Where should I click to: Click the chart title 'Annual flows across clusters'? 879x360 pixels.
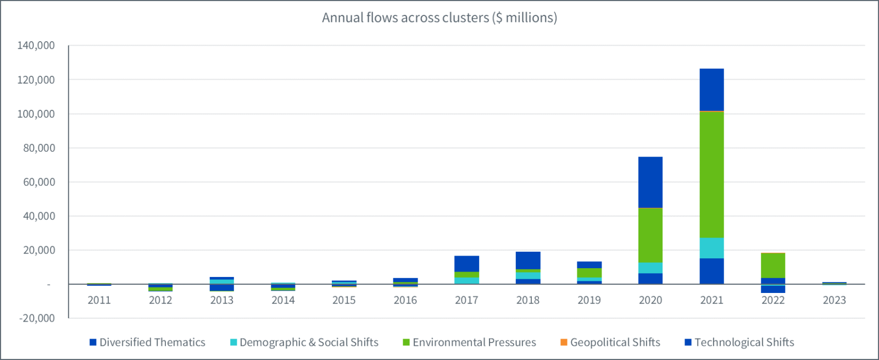coord(439,18)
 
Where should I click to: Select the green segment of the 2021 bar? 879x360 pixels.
coord(711,174)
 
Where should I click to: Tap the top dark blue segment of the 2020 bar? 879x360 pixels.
coord(650,182)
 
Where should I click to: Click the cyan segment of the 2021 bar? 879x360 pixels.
coord(711,248)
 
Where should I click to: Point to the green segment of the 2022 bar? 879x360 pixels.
coord(772,265)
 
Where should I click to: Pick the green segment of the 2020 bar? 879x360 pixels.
coord(650,235)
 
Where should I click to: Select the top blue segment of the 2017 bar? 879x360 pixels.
coord(466,264)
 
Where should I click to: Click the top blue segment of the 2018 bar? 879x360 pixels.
coord(528,261)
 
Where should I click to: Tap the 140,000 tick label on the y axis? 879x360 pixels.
coord(36,46)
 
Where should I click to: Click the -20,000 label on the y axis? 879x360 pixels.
coord(36,318)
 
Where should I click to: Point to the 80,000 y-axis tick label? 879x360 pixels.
coord(39,148)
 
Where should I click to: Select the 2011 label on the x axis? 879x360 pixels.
coord(99,300)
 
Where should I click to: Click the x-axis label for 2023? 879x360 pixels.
coord(834,300)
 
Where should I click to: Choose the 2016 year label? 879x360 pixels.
coord(405,300)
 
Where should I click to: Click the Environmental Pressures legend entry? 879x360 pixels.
coord(474,342)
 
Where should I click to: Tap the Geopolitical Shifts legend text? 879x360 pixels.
coord(615,342)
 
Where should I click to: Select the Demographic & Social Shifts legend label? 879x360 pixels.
coord(309,342)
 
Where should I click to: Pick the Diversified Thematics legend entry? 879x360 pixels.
coord(152,342)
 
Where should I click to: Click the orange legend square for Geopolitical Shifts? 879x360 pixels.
coord(564,342)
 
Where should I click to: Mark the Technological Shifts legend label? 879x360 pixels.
coord(744,342)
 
